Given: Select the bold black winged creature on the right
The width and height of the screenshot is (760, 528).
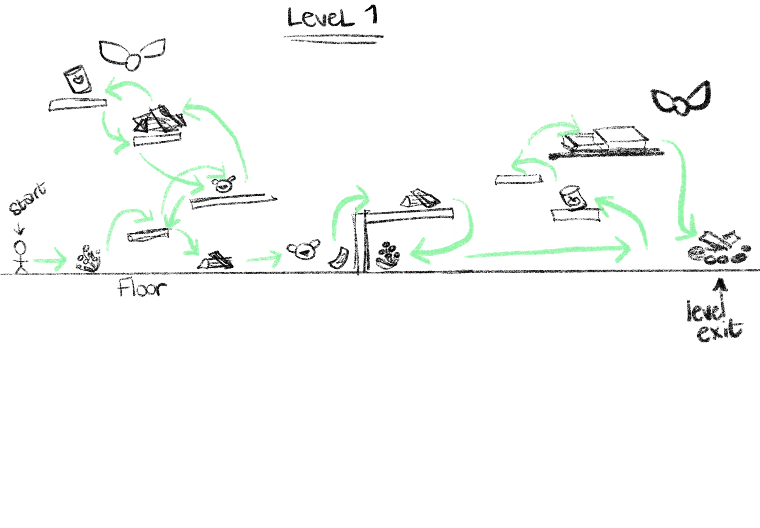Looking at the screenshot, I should pyautogui.click(x=680, y=99).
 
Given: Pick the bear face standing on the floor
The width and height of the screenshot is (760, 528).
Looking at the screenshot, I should pyautogui.click(x=303, y=250).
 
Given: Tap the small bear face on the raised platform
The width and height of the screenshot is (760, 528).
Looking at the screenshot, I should pyautogui.click(x=224, y=184).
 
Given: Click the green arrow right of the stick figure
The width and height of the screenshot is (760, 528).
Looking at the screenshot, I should pyautogui.click(x=49, y=260).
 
